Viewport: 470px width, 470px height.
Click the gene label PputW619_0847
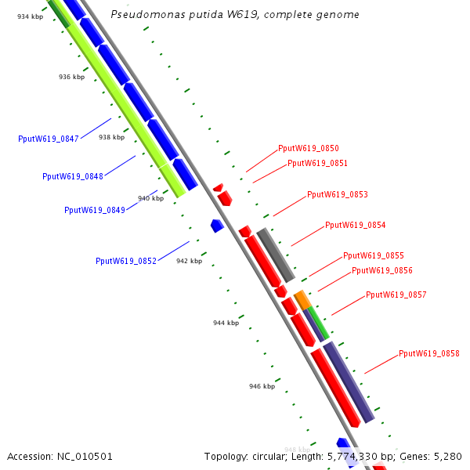(49, 139)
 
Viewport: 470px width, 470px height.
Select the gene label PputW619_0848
(73, 176)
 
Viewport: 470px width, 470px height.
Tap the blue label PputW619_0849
(95, 210)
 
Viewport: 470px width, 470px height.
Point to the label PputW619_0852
(126, 261)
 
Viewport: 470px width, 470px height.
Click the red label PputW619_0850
(309, 148)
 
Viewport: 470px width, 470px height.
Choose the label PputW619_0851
(317, 163)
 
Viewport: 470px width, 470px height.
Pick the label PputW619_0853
(338, 194)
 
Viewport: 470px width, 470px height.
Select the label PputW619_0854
(355, 225)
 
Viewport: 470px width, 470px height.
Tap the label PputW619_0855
(374, 255)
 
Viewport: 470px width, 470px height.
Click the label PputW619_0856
(382, 270)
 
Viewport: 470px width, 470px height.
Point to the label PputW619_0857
(396, 295)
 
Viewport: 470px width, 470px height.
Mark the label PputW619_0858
(429, 353)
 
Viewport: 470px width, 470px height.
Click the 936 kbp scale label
(71, 77)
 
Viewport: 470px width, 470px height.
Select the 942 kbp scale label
(189, 261)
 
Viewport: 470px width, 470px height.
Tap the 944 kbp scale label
(226, 323)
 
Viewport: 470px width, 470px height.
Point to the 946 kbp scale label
(262, 386)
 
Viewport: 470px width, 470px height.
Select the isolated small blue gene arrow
(217, 226)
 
